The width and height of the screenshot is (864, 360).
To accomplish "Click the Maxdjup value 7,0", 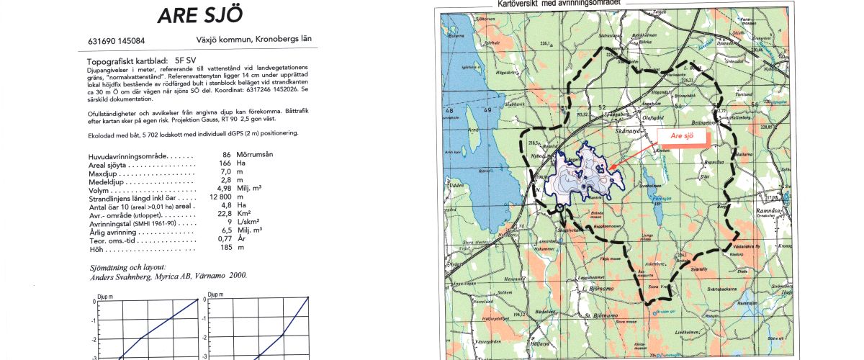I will [x=229, y=173].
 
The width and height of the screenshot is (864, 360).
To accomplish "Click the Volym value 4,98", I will [x=229, y=189].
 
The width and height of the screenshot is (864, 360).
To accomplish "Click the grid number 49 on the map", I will [x=487, y=109].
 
